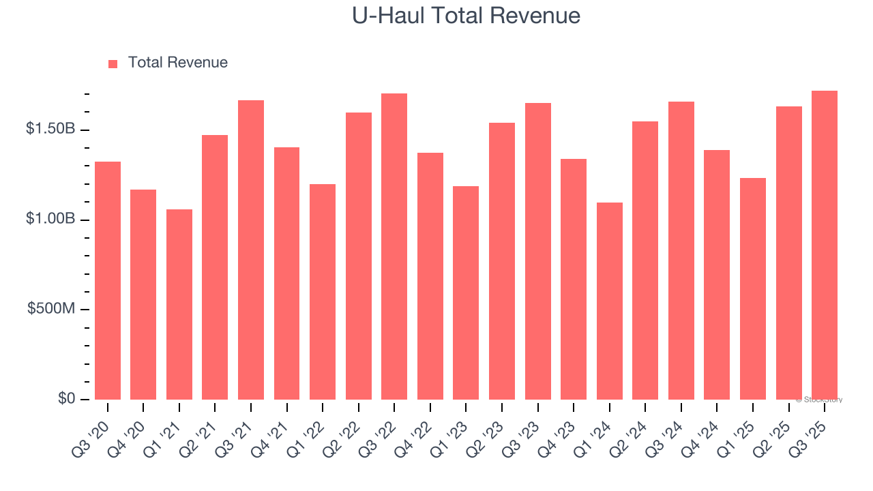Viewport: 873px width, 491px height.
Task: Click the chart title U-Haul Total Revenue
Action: click(x=466, y=16)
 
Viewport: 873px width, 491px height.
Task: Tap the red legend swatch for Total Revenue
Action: click(x=113, y=63)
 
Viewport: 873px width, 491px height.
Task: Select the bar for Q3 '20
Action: click(x=108, y=280)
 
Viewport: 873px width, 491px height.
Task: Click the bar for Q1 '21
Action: click(x=179, y=304)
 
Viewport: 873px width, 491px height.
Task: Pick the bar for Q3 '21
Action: click(x=251, y=250)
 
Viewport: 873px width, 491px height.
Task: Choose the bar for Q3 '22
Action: click(x=394, y=246)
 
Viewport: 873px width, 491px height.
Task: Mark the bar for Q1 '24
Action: click(x=609, y=301)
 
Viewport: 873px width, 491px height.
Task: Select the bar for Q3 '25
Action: click(x=824, y=245)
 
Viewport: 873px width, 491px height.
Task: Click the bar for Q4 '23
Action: click(x=574, y=279)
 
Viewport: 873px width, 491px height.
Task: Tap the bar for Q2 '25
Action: click(x=788, y=253)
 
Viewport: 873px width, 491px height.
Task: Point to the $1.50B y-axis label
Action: click(x=50, y=130)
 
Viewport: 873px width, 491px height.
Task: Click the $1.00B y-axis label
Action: click(x=50, y=220)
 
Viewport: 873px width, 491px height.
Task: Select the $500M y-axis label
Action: click(x=51, y=309)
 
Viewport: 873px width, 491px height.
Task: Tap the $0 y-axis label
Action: click(x=65, y=398)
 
